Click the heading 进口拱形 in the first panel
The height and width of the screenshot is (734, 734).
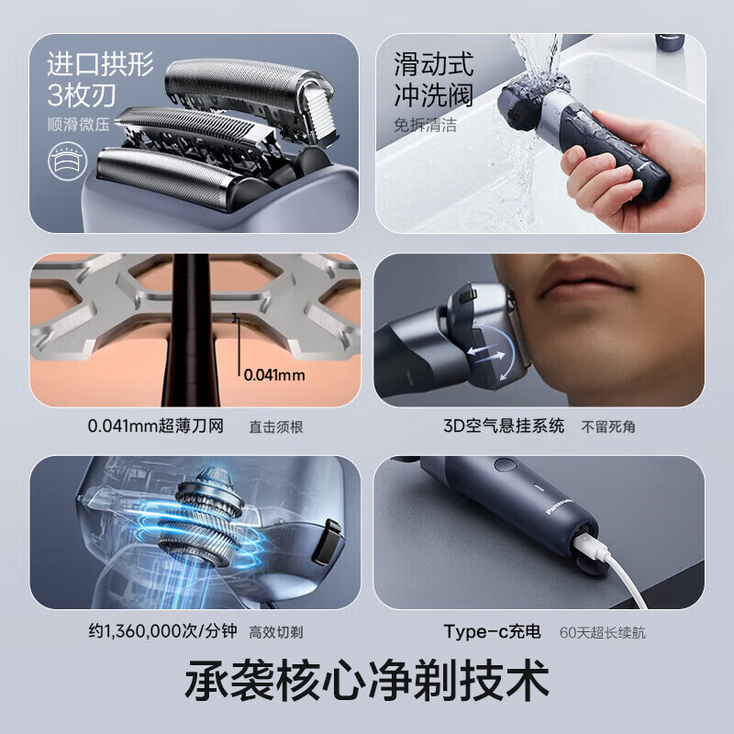100,64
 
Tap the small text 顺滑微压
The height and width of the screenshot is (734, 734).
78,125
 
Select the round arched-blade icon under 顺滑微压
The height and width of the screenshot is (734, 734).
68,161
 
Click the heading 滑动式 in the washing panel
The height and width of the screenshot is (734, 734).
433,64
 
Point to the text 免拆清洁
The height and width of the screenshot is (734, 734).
425,125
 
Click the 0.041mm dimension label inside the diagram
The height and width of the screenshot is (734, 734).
274,375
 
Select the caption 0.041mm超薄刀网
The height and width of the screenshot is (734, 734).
155,426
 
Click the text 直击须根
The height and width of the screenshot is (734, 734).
276,427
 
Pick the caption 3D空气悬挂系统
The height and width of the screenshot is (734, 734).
504,426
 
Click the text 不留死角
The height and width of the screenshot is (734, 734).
608,427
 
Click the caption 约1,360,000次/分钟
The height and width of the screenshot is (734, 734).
163,631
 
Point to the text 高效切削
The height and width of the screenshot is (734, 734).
276,632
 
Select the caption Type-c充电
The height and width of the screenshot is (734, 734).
492,631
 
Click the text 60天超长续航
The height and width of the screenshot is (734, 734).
603,632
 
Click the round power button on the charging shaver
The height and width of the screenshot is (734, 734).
506,464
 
